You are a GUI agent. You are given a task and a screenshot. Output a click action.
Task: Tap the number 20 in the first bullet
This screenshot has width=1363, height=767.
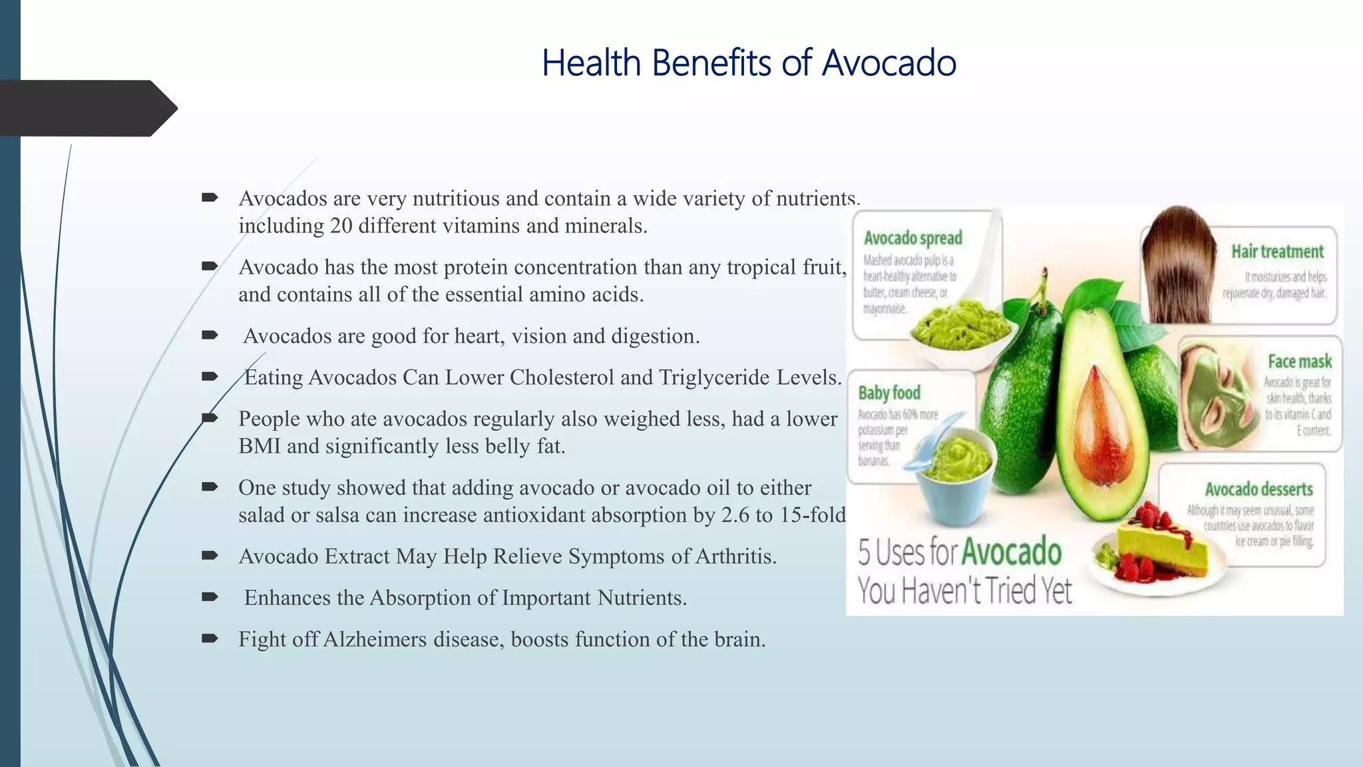[x=341, y=226]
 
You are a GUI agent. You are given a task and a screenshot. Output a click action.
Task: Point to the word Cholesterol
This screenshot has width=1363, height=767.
[x=562, y=378]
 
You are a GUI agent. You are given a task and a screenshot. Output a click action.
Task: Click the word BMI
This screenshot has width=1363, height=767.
[x=259, y=446]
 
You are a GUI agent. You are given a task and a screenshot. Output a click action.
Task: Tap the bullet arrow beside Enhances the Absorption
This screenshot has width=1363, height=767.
[x=210, y=597]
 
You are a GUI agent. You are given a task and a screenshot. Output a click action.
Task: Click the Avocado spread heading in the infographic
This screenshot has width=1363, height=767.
[x=912, y=238]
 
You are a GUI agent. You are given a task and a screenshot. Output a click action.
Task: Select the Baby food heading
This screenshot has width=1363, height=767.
[x=888, y=393]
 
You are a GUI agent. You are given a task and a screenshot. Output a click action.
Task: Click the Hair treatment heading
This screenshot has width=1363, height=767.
[x=1276, y=252]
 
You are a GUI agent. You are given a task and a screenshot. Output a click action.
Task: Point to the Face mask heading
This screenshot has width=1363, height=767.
[x=1299, y=362]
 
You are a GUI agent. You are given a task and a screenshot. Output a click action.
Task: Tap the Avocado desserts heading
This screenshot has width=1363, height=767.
[x=1258, y=489]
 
